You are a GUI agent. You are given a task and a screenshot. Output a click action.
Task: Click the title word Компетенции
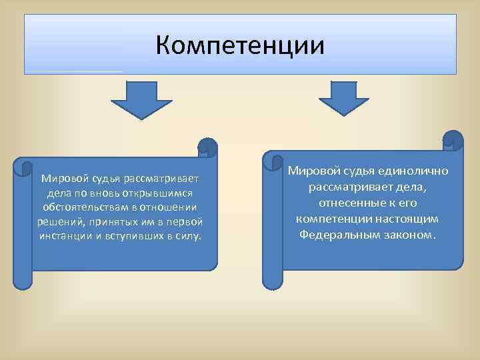point(240,46)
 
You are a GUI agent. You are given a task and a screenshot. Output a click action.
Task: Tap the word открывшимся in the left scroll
point(158,193)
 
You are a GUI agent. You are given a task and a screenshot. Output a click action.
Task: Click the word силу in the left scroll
point(187,236)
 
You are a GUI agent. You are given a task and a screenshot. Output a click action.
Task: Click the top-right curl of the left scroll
point(208,147)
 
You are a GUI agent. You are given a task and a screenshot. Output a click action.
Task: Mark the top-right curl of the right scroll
point(453,140)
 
